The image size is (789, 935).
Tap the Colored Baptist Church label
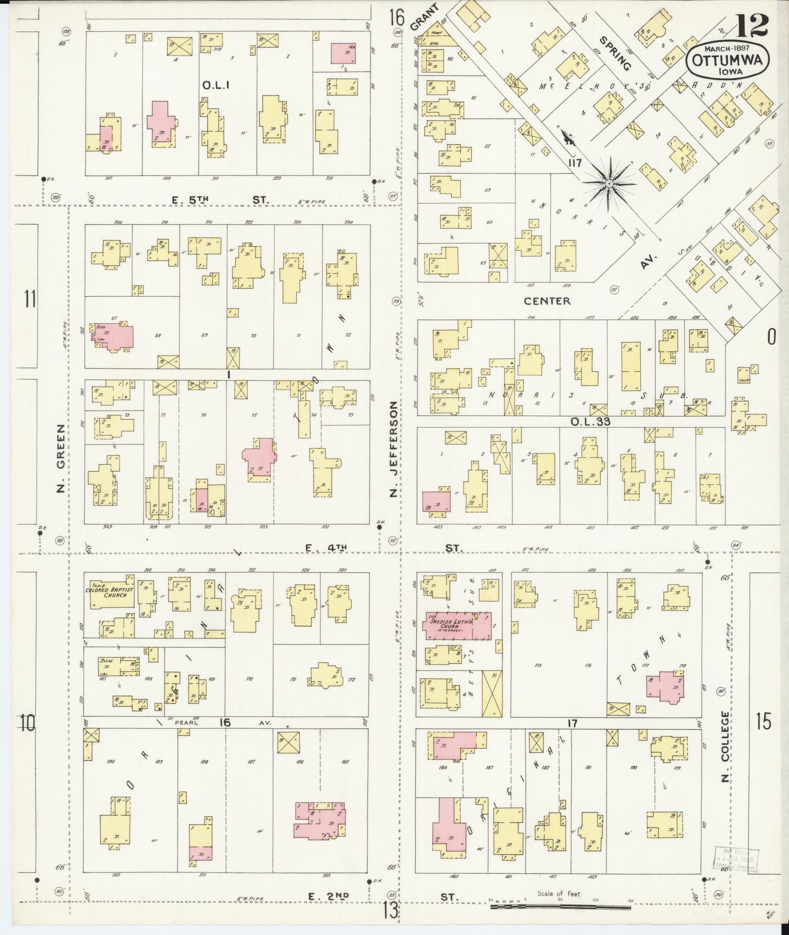point(110,592)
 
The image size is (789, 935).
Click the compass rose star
point(609,183)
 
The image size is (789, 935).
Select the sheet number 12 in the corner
point(751,25)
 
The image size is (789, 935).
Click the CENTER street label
point(547,301)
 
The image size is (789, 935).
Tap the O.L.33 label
point(590,421)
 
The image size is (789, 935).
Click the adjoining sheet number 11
point(30,298)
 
